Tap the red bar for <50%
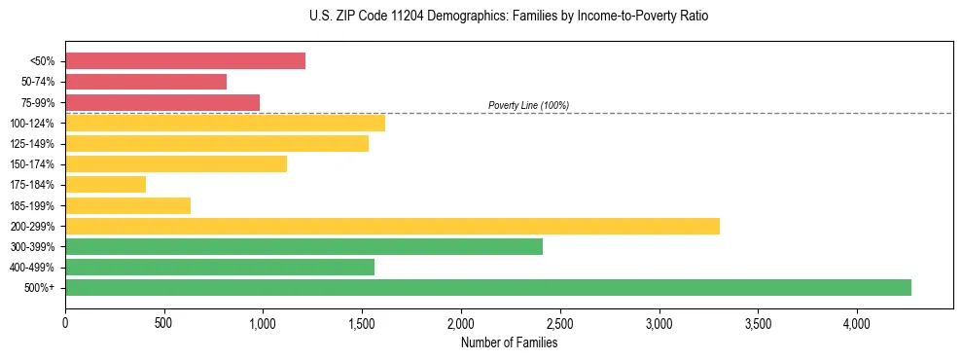click(185, 61)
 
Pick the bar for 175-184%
click(105, 184)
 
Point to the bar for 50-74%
click(146, 82)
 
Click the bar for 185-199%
click(127, 205)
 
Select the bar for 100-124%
click(225, 123)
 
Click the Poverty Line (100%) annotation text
click(528, 105)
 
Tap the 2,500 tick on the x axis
click(559, 323)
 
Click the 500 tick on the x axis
click(163, 323)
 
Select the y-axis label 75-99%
click(38, 102)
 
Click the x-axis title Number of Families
click(509, 342)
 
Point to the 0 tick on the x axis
click(65, 323)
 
